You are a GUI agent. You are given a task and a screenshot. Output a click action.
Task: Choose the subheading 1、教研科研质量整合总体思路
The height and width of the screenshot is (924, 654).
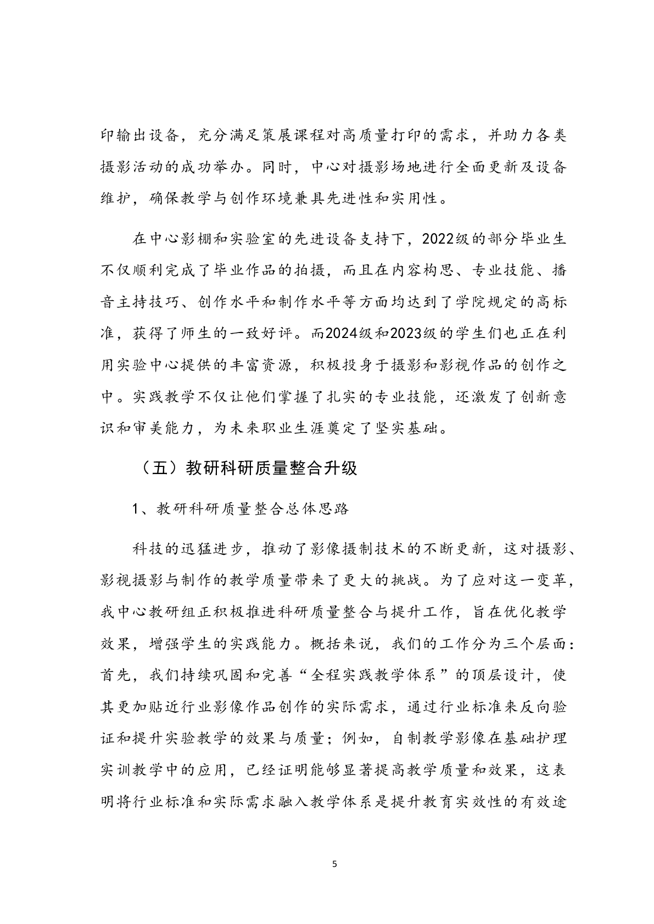point(241,508)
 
